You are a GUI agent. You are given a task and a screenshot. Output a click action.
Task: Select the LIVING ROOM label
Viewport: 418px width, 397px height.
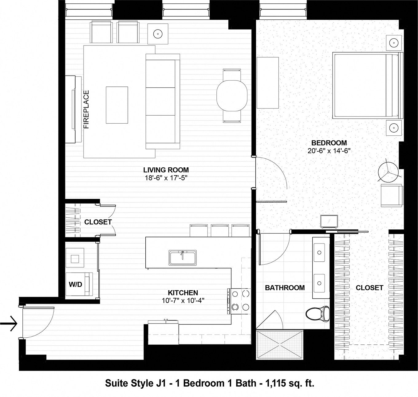[166, 170]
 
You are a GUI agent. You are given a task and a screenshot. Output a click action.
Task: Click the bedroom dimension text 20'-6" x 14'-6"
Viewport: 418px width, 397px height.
[329, 151]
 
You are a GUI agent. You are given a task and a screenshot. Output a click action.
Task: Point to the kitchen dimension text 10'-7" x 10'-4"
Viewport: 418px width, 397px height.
[183, 301]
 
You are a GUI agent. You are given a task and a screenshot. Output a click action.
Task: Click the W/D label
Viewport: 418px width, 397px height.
[75, 284]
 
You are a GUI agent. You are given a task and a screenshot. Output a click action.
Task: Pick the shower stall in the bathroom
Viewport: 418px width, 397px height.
[280, 344]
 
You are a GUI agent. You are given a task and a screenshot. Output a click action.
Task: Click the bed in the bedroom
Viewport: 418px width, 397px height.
[366, 85]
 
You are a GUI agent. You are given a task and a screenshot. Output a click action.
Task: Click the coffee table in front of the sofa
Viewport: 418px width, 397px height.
[117, 105]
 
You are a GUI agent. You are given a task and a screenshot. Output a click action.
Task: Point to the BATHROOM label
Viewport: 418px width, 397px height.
[285, 288]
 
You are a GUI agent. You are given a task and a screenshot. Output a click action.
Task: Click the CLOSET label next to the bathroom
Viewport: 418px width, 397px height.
[369, 288]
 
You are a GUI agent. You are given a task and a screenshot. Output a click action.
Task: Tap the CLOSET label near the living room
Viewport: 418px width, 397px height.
[98, 222]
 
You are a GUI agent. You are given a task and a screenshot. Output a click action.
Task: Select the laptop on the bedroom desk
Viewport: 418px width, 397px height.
[329, 221]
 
